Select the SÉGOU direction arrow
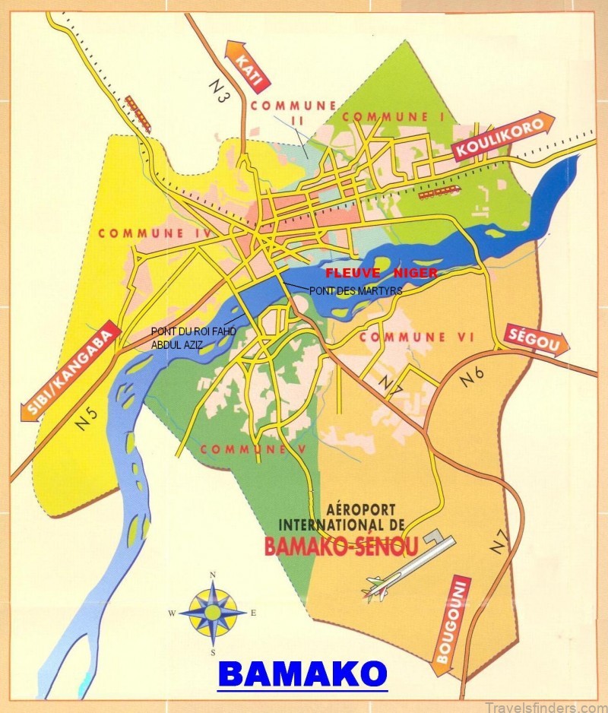(x=536, y=341)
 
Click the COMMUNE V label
(x=252, y=450)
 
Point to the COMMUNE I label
(x=394, y=116)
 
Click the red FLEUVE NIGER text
(x=381, y=272)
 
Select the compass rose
(x=213, y=611)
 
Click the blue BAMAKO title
(x=302, y=673)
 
